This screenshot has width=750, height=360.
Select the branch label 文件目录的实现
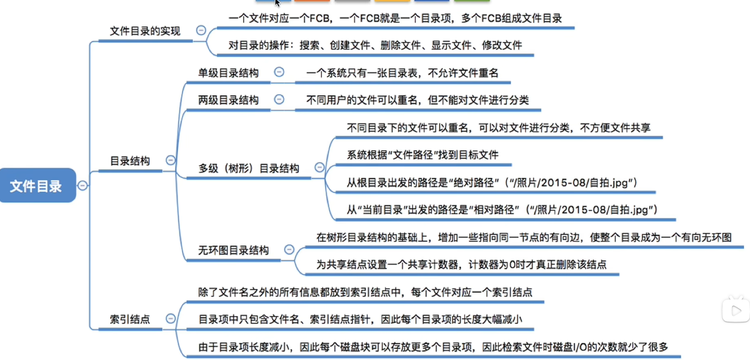[145, 31]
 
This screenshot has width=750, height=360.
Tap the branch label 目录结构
[130, 161]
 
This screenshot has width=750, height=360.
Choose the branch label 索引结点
[130, 319]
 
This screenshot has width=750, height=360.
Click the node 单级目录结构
[228, 73]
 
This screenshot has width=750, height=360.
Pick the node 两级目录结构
[228, 100]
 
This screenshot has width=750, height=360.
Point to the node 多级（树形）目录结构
[249, 168]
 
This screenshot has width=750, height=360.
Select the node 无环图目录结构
[234, 250]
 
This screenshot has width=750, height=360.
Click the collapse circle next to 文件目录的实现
[201, 30]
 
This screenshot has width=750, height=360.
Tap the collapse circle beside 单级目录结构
[279, 72]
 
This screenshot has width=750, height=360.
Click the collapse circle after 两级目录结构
[279, 99]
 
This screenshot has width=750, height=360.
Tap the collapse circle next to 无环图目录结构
[289, 249]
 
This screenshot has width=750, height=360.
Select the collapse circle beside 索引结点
[171, 318]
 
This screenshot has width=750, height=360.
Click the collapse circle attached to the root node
[82, 186]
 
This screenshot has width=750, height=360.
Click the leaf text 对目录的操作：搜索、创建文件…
[375, 45]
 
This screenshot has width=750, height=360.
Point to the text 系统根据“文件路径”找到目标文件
[423, 155]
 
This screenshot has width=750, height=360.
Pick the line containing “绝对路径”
[492, 182]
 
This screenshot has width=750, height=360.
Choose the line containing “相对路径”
[502, 210]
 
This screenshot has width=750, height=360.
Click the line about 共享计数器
[461, 264]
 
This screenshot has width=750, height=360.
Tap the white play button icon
[736, 311]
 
